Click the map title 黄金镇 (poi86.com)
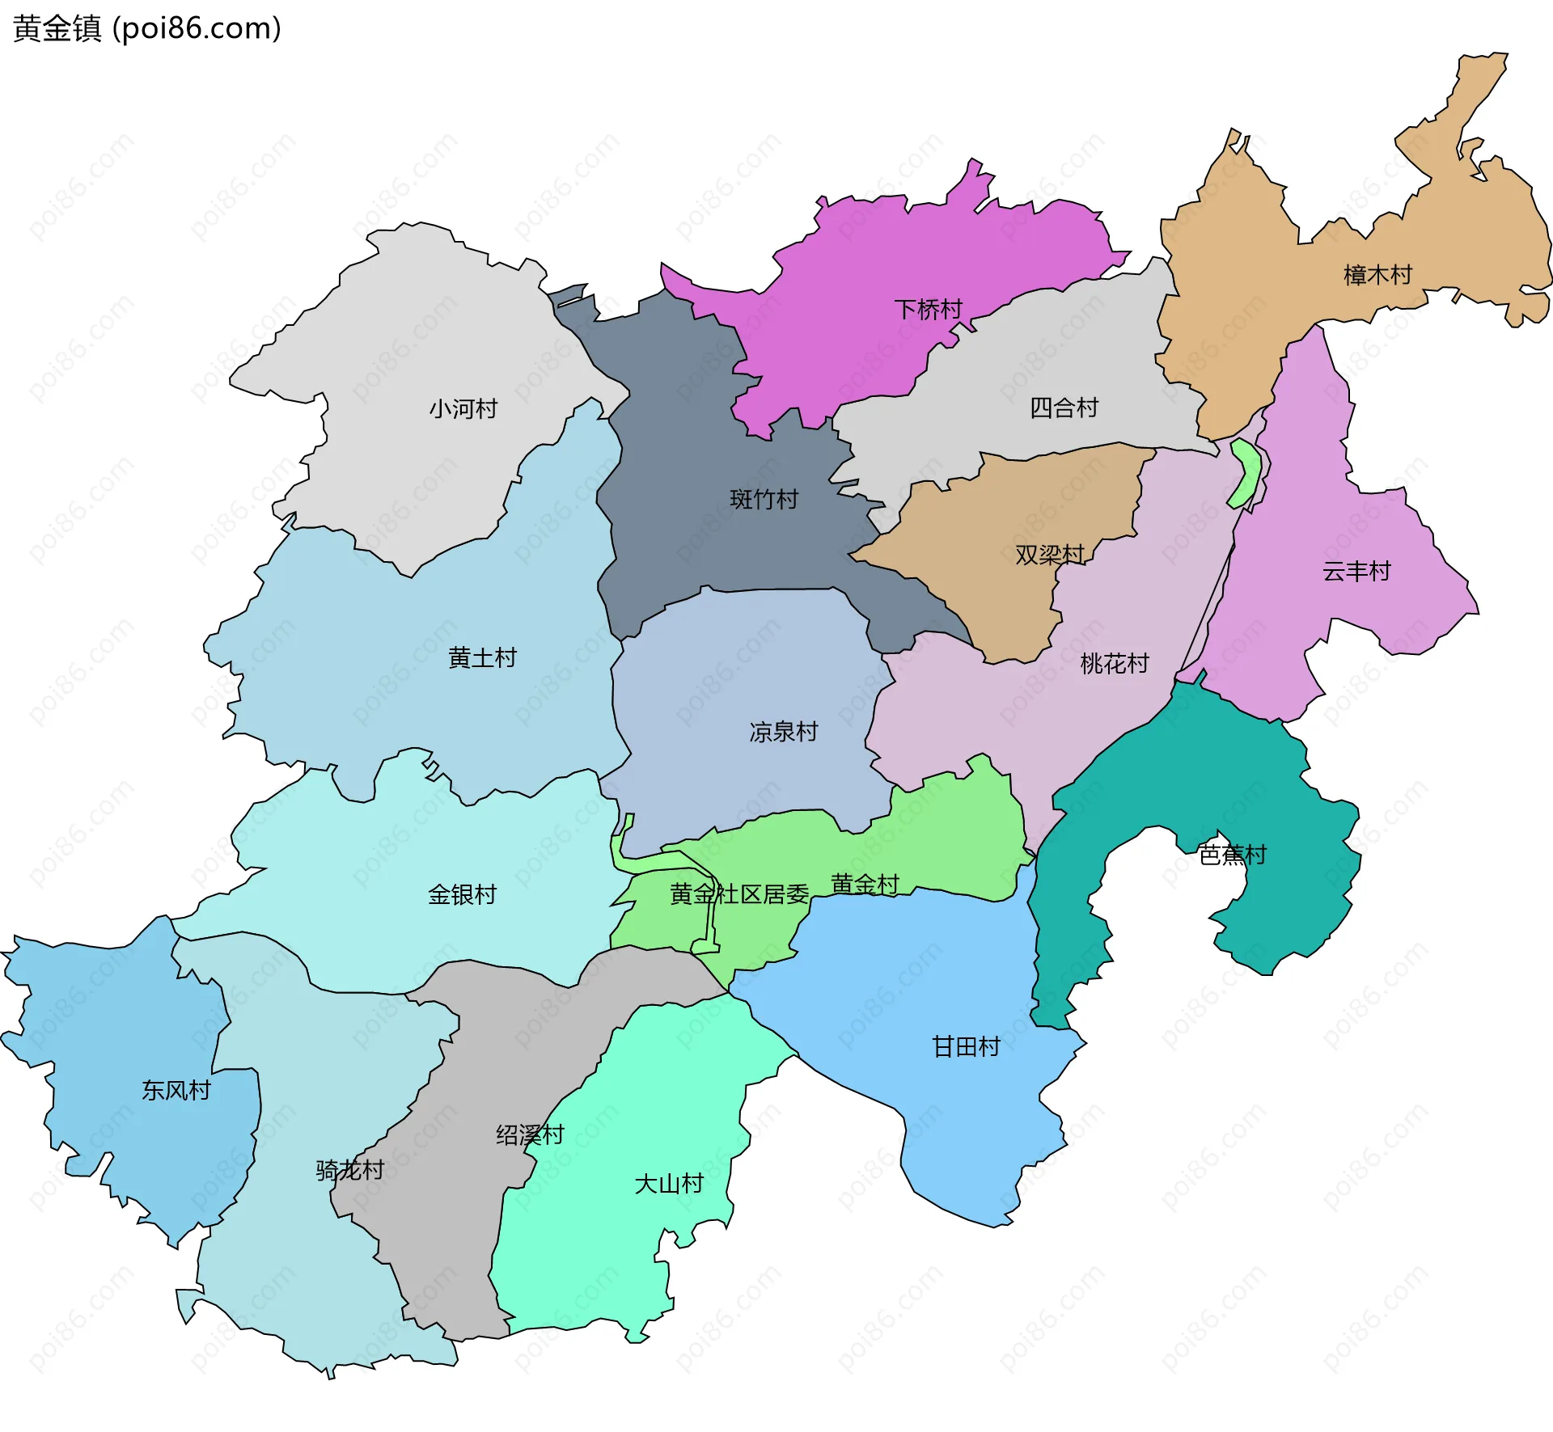point(147,28)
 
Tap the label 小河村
point(463,409)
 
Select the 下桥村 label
point(928,310)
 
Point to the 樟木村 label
point(1377,275)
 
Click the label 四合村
point(1064,408)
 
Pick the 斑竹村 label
point(764,499)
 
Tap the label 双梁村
point(1049,555)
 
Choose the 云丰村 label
point(1356,572)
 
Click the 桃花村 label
point(1114,664)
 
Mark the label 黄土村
point(482,658)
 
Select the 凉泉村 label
point(783,732)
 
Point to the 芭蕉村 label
point(1232,855)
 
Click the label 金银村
point(462,894)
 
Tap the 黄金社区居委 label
point(738,894)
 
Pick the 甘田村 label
point(966,1047)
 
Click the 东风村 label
point(176,1091)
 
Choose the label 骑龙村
point(349,1170)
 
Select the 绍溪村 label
point(530,1135)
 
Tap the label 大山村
point(668,1184)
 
